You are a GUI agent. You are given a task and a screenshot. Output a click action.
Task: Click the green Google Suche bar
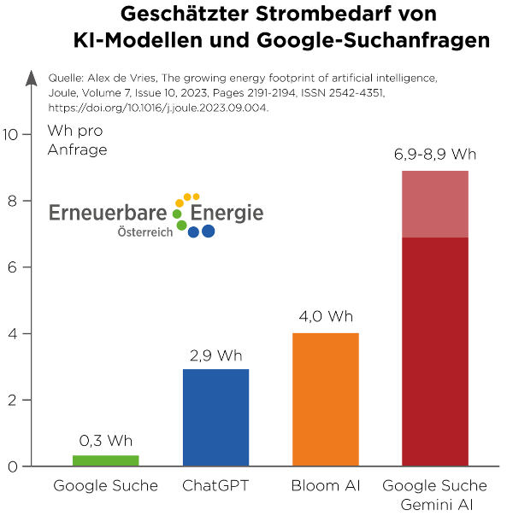point(106,460)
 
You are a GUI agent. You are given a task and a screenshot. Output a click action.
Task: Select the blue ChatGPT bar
point(215,418)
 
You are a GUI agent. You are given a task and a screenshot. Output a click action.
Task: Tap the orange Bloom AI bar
point(326,400)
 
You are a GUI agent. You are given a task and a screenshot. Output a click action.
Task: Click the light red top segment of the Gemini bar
point(435,204)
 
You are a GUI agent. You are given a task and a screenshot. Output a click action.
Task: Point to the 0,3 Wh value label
point(106,441)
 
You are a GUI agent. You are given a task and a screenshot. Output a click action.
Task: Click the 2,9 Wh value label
point(215,355)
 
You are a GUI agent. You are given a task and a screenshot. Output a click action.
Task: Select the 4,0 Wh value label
point(326,316)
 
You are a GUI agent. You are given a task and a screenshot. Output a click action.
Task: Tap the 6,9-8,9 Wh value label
point(435,155)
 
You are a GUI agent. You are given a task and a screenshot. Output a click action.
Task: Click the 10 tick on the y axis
point(10,135)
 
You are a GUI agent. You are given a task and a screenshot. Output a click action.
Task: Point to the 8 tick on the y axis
point(13,201)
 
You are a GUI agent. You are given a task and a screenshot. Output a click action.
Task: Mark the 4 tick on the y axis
point(13,334)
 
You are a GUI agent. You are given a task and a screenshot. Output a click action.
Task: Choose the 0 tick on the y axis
point(13,466)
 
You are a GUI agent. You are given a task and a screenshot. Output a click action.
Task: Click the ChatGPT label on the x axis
point(215,486)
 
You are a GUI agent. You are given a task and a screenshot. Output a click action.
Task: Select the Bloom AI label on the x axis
point(326,486)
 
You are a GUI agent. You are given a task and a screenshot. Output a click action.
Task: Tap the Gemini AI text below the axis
point(437,505)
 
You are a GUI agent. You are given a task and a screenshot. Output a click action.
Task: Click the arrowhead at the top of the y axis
point(32,78)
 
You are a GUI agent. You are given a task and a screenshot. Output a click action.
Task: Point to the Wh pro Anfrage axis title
point(78,140)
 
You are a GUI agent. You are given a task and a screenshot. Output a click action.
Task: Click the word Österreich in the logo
point(145,232)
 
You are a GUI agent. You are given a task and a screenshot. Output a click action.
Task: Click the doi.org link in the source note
point(158,108)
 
